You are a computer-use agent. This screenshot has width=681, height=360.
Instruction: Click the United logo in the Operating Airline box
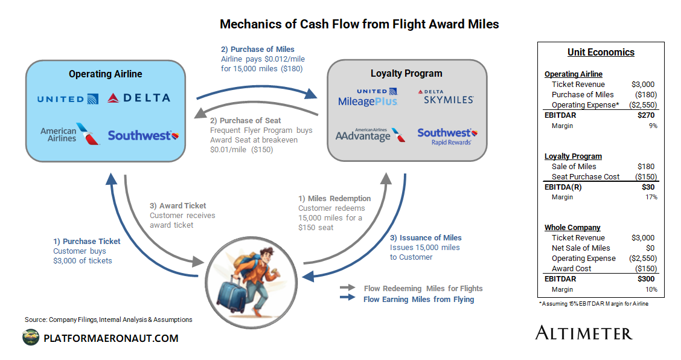pos(68,98)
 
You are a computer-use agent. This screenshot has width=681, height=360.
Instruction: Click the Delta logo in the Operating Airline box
pos(139,98)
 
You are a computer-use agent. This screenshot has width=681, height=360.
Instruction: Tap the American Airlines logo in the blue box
pos(69,135)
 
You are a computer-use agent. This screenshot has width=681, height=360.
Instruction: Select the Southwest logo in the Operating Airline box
pos(143,135)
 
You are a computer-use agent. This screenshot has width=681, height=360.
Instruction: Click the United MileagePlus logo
pos(368,97)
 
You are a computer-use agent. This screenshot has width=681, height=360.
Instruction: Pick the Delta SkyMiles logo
pos(445,97)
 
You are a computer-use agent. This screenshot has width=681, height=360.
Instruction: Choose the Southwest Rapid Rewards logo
pos(447,136)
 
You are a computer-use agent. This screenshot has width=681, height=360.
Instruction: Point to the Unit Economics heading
pos(601,52)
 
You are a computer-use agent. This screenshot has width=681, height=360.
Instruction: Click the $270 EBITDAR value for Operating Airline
pos(647,115)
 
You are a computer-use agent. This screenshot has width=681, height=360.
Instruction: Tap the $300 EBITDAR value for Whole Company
pos(647,279)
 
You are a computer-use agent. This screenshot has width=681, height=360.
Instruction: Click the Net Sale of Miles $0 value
pos(651,248)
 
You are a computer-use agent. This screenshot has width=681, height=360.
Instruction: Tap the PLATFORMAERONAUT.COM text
pos(111,338)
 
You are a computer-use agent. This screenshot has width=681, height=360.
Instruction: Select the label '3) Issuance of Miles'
pos(427,237)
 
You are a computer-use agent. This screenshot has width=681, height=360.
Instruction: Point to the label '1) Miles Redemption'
pos(334,198)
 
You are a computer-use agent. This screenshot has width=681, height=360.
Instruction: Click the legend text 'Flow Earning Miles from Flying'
pos(418,299)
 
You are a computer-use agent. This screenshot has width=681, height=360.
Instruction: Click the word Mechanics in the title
pos(248,24)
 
